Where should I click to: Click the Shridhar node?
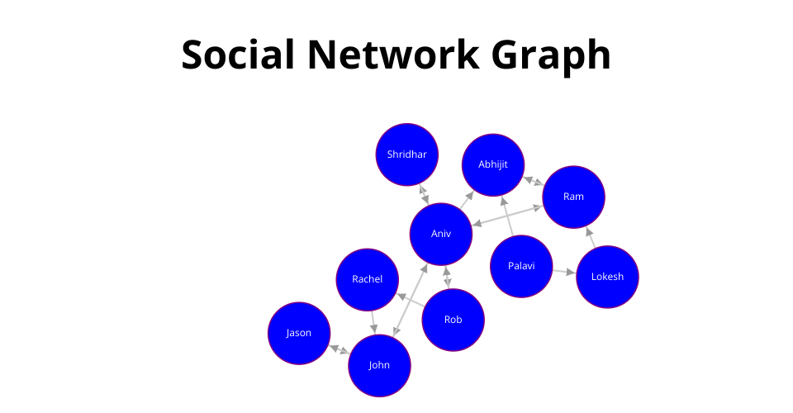coord(407,154)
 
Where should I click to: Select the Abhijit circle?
coord(493,165)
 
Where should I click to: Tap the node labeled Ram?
coord(573,197)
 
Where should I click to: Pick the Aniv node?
coord(441,234)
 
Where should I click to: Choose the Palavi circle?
coord(521,267)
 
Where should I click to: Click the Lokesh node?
coord(607,277)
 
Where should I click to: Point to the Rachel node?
coord(367,279)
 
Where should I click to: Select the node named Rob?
coord(453,320)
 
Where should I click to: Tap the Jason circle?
coord(299,333)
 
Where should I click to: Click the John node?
coord(379,365)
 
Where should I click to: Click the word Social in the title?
coord(238,54)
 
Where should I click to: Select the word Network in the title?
coord(393,54)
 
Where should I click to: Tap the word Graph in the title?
coord(551,57)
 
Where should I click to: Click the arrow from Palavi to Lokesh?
coord(564,272)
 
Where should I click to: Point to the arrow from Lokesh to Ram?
coord(591,238)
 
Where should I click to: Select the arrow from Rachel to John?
coord(373,322)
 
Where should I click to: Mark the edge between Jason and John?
coord(339,349)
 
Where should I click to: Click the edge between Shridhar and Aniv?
coord(424,195)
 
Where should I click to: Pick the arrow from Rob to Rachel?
coord(411,300)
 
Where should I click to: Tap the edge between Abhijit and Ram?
coord(534,181)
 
